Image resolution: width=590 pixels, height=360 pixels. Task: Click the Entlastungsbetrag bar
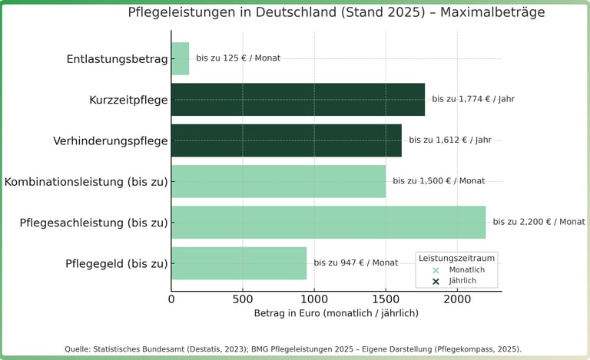point(181,58)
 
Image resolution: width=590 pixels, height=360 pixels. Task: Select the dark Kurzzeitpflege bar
point(298,100)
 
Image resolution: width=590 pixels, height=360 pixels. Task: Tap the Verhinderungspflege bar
point(287,140)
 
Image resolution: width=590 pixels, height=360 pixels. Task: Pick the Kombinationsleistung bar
point(278,181)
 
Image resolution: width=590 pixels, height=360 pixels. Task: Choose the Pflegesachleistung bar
point(328,222)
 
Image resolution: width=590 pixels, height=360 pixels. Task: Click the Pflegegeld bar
point(239,263)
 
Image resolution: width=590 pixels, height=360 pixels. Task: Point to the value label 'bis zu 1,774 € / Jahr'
point(473,99)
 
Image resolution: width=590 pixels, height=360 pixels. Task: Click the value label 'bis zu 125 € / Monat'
point(238,58)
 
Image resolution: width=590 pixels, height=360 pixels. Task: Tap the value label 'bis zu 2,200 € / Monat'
point(539,222)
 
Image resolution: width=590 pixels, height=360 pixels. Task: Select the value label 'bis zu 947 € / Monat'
point(356,263)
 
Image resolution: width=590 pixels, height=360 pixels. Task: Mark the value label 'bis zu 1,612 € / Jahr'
point(450,140)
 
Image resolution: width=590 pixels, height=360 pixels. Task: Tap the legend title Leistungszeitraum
point(457,258)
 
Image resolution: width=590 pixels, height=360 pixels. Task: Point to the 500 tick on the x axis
point(243,299)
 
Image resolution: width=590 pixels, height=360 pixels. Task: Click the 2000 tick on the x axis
point(457,299)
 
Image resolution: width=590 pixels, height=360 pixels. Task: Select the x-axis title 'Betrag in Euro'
point(336,313)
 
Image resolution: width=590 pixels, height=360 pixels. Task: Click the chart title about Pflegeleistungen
point(336,13)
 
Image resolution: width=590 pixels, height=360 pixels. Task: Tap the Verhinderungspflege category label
point(111,141)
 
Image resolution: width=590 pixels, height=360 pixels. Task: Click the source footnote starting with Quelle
point(293,349)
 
